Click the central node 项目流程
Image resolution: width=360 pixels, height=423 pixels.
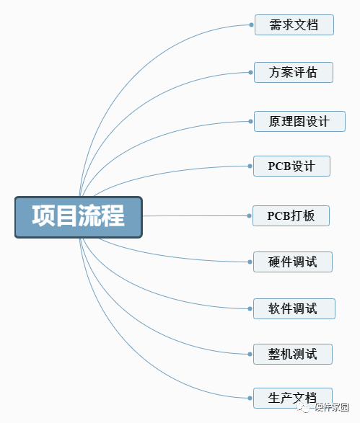pos(79,217)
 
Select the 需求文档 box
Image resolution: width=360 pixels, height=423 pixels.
pos(294,25)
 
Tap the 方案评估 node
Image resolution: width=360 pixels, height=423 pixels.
pos(294,72)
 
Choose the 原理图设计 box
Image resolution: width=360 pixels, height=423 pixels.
pos(299,121)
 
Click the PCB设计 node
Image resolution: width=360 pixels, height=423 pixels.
pos(291,166)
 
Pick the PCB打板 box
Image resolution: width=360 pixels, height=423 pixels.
pos(291,215)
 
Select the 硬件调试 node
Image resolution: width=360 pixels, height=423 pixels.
pos(293,262)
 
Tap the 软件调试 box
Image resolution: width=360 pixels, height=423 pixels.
pos(294,308)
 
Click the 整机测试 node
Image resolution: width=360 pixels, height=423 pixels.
pos(293,355)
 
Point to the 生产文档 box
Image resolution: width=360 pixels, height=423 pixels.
pos(293,398)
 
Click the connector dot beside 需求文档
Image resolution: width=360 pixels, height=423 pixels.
pos(252,25)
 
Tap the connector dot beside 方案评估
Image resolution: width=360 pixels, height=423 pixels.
pos(250,72)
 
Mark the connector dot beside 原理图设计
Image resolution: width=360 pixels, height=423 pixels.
pos(250,121)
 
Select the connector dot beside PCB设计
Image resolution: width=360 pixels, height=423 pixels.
pos(250,166)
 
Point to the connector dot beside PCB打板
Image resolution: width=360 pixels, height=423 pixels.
pos(250,215)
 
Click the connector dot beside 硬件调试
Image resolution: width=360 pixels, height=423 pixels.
pos(250,262)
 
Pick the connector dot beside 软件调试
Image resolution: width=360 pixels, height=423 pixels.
pos(250,308)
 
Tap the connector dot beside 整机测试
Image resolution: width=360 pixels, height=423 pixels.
pos(250,355)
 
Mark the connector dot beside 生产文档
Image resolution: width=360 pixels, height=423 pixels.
pos(250,398)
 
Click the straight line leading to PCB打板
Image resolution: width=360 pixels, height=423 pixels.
pos(195,215)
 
